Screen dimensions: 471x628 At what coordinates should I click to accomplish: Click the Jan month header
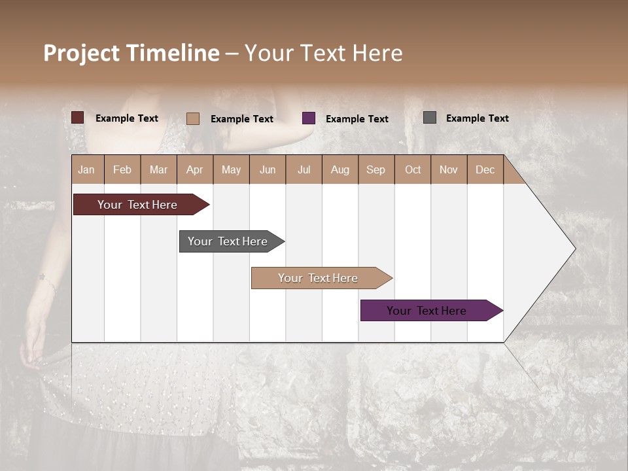86,170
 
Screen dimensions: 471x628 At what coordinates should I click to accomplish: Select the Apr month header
194,170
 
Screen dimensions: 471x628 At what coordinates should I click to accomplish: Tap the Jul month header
304,170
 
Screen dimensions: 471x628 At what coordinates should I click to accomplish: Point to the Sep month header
375,170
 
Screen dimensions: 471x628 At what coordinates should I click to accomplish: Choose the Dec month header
485,170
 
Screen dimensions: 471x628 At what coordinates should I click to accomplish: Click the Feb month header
122,170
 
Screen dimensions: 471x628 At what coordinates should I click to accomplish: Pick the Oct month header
413,170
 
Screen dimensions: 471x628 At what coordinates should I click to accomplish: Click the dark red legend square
78,118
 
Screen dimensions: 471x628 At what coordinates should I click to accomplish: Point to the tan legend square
193,118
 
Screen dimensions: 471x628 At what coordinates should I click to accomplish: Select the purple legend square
309,118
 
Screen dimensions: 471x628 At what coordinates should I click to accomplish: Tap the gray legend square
430,118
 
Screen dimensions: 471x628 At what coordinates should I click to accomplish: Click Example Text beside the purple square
357,119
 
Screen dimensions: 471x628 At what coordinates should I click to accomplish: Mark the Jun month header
268,170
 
